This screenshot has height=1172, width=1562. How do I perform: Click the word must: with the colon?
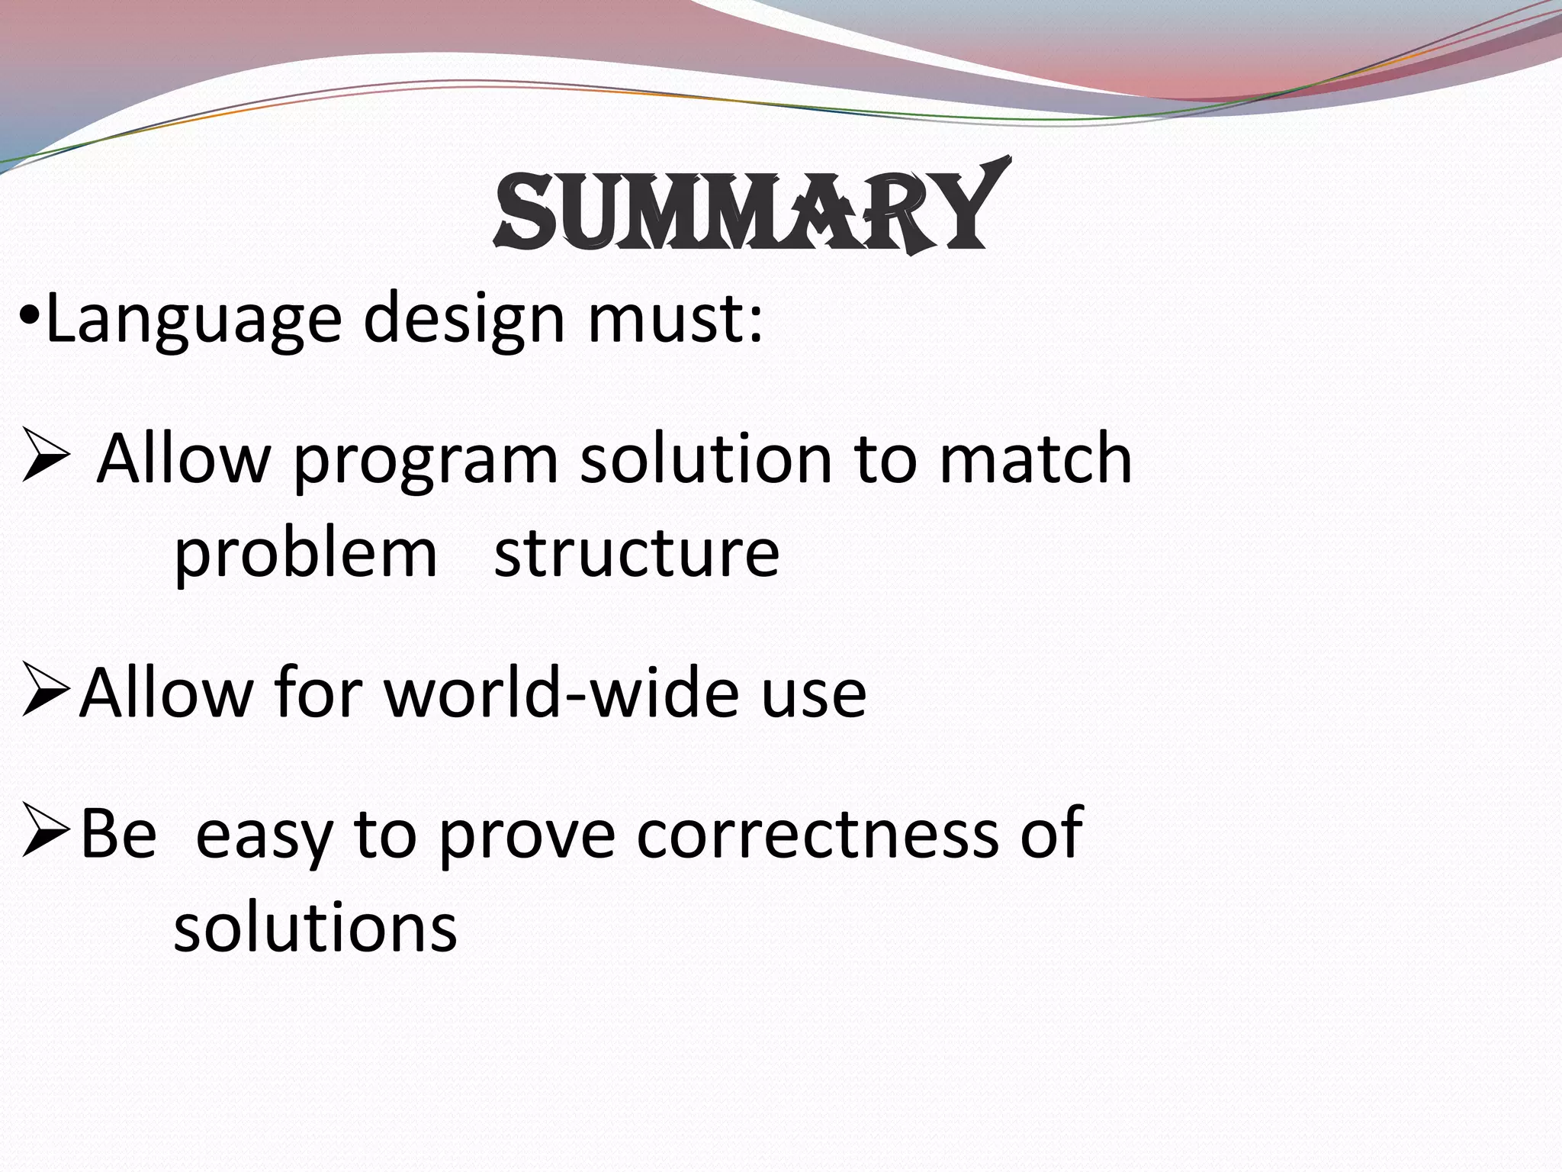click(674, 319)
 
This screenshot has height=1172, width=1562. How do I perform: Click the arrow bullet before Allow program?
click(46, 456)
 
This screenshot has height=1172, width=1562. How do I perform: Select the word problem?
click(305, 553)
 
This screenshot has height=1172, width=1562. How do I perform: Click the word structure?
click(637, 553)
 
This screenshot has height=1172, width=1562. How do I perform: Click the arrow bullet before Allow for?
click(46, 691)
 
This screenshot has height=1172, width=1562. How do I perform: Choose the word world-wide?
click(561, 693)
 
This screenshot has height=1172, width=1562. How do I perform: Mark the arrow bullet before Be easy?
click(46, 830)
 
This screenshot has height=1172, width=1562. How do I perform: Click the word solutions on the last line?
click(315, 928)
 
